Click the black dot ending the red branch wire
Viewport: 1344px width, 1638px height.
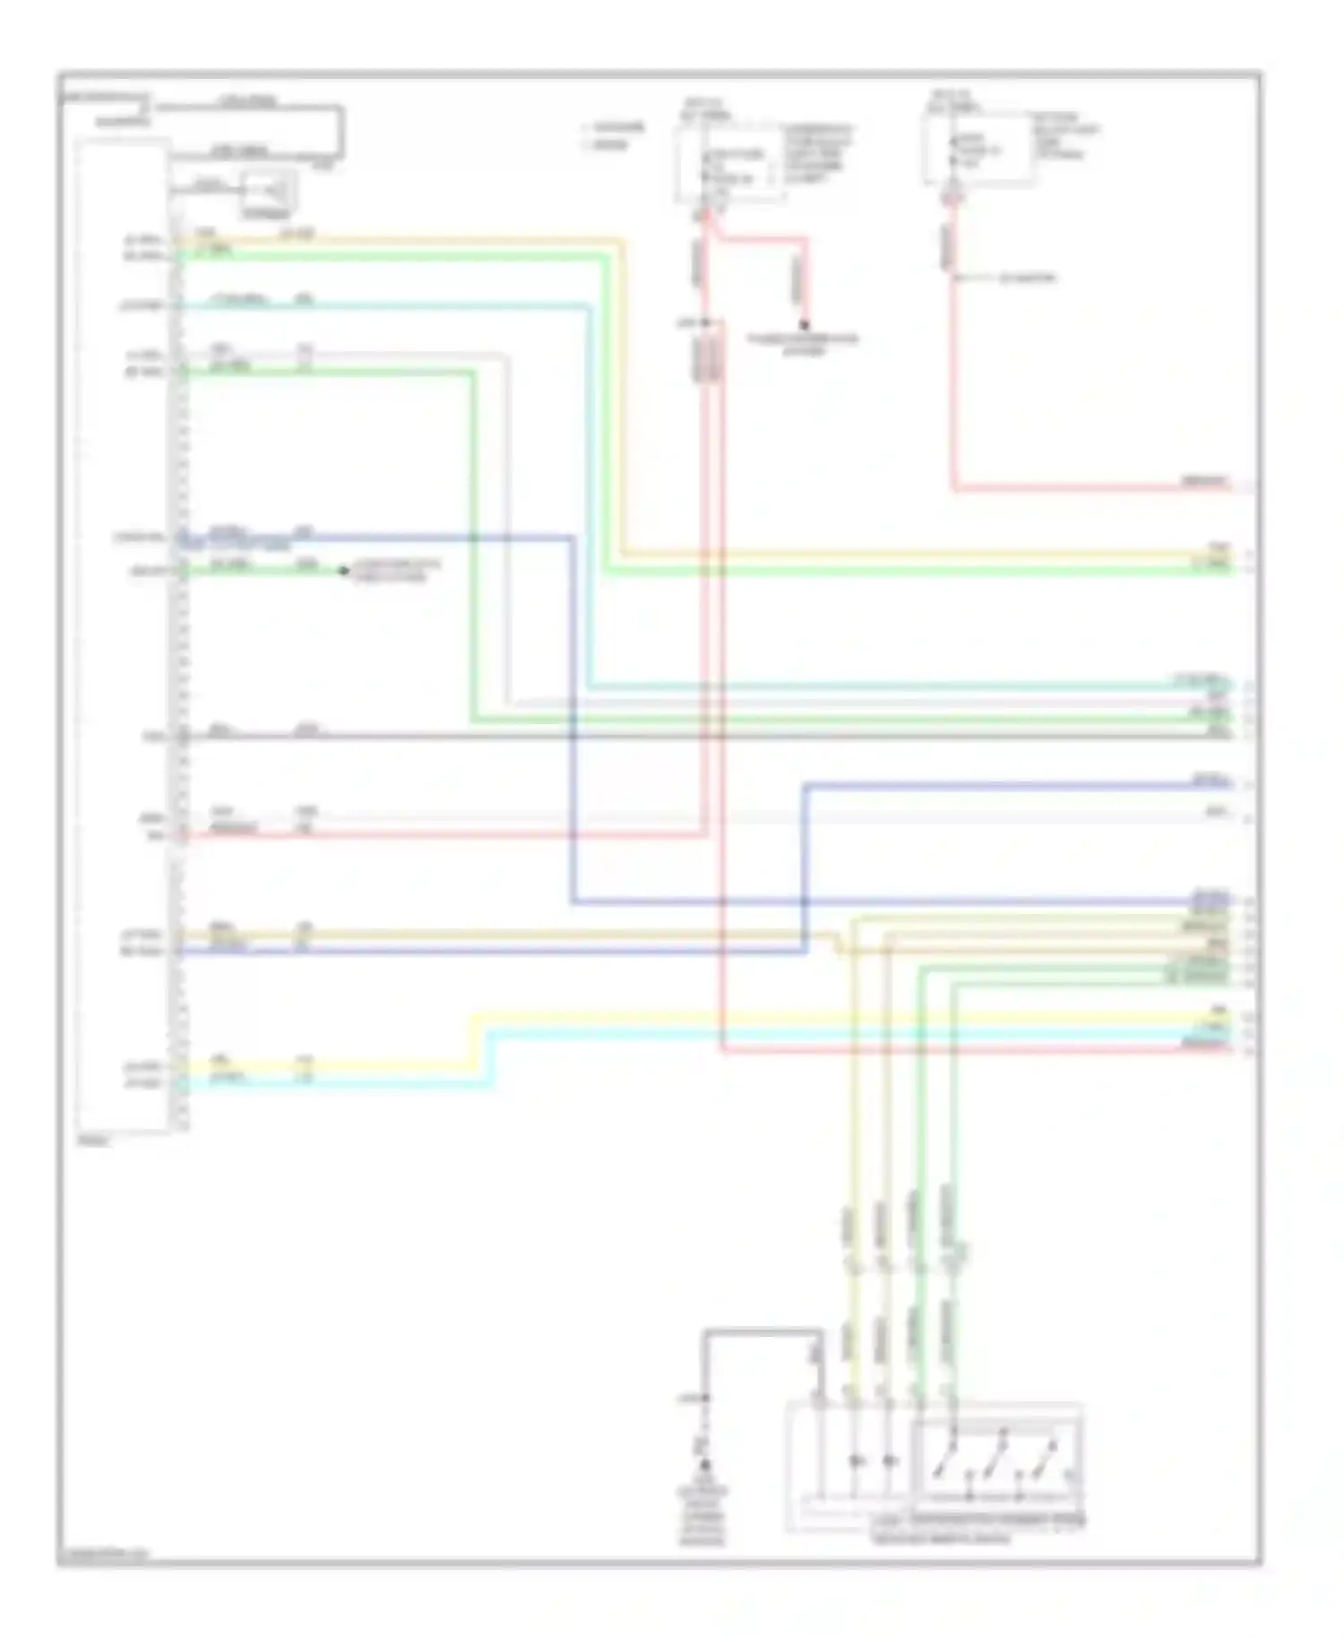pyautogui.click(x=804, y=324)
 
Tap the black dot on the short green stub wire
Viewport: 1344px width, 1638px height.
pyautogui.click(x=342, y=571)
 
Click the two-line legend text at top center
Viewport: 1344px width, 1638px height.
pyautogui.click(x=615, y=136)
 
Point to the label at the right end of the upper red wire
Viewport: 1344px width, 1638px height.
pyautogui.click(x=1204, y=482)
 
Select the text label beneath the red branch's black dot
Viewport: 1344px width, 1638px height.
pyautogui.click(x=803, y=345)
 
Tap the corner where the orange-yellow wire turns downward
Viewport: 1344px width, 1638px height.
pyautogui.click(x=621, y=242)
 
